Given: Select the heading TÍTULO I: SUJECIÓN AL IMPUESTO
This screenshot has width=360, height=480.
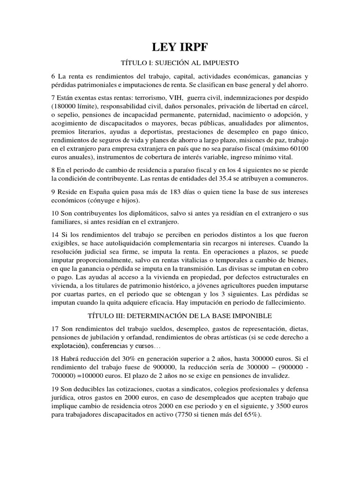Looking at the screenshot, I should click(180, 62).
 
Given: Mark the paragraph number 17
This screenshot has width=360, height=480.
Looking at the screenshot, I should click(55, 328).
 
